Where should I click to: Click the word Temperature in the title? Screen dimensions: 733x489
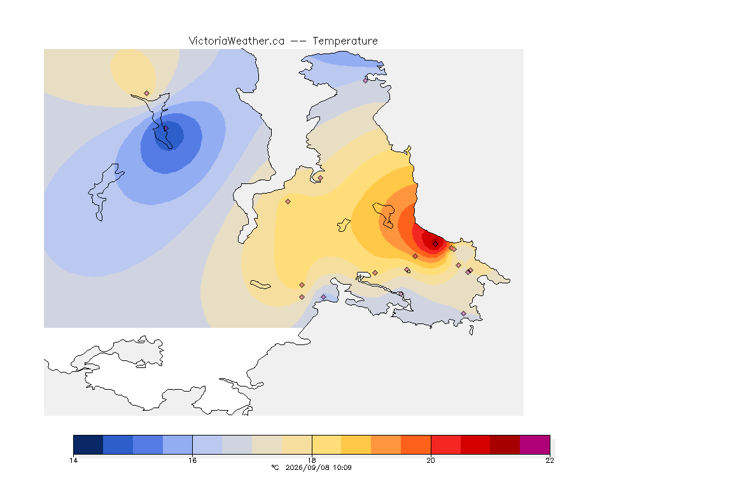pyautogui.click(x=345, y=41)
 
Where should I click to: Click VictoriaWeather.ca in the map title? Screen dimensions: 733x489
pyautogui.click(x=237, y=41)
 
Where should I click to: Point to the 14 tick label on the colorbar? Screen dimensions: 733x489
pyautogui.click(x=73, y=460)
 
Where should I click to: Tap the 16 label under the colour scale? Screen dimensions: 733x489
pyautogui.click(x=193, y=460)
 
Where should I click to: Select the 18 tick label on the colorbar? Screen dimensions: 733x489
pyautogui.click(x=312, y=460)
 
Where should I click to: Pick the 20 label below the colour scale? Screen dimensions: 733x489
pyautogui.click(x=431, y=460)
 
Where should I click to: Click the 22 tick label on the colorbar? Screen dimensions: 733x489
pyautogui.click(x=550, y=460)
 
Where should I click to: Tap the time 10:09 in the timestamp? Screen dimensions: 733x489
pyautogui.click(x=342, y=467)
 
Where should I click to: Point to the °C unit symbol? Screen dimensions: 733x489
pyautogui.click(x=275, y=467)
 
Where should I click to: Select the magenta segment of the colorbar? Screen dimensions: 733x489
pyautogui.click(x=534, y=444)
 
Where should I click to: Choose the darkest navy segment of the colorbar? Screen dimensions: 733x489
pyautogui.click(x=88, y=444)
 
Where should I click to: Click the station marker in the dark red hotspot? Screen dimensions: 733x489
pyautogui.click(x=435, y=244)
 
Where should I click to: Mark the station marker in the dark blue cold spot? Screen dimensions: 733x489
pyautogui.click(x=165, y=128)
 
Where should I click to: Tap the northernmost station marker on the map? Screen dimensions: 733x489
pyautogui.click(x=366, y=80)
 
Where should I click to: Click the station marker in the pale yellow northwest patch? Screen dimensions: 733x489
pyautogui.click(x=147, y=94)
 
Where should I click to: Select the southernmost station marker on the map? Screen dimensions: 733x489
pyautogui.click(x=463, y=313)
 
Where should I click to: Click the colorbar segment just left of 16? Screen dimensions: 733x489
pyautogui.click(x=178, y=444)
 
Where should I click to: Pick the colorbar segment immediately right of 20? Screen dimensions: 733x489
pyautogui.click(x=445, y=444)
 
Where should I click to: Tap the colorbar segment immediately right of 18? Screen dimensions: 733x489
pyautogui.click(x=326, y=444)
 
